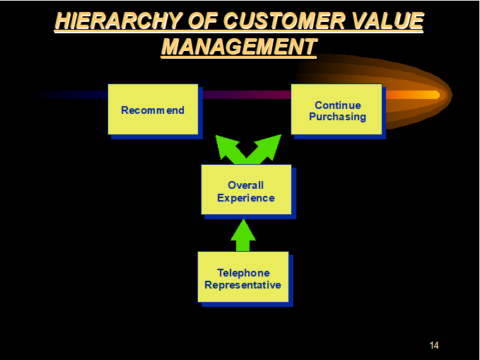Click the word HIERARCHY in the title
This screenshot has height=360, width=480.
119,21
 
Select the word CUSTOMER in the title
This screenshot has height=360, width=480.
284,21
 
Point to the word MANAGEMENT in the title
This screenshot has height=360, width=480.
239,47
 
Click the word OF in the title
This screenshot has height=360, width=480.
203,21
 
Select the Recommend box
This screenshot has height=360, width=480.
153,110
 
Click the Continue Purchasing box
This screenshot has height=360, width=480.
336,110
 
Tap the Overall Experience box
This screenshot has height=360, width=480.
246,190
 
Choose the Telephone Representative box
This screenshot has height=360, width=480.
243,277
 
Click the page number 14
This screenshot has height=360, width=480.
434,345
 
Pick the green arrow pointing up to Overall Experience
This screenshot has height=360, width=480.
243,236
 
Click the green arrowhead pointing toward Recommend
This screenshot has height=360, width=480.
226,146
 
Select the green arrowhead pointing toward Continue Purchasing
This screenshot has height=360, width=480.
269,146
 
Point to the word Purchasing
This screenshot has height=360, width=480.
337,117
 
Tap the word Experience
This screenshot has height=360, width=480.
246,198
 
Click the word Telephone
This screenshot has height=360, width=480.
243,273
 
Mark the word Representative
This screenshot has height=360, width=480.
242,285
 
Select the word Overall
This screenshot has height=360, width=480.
245,185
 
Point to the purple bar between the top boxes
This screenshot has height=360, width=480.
247,95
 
